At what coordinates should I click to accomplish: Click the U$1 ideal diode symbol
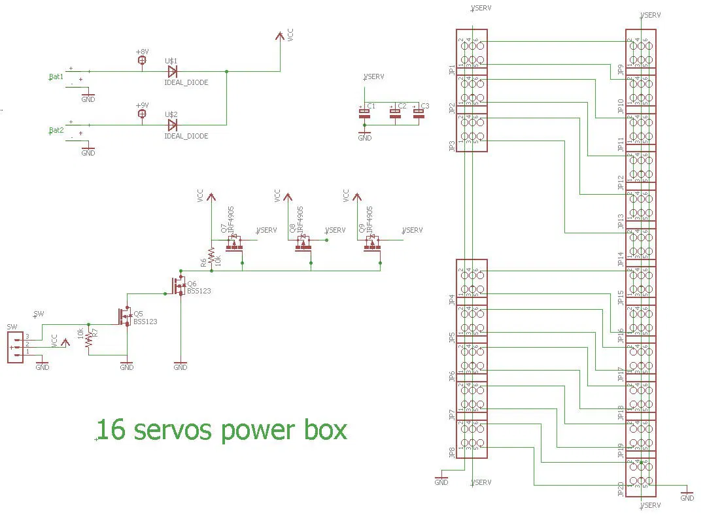[173, 71]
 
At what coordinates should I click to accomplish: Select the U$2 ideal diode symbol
[173, 125]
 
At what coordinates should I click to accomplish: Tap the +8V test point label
[142, 52]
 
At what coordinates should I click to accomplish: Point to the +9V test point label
[142, 105]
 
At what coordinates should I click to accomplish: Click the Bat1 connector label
[56, 76]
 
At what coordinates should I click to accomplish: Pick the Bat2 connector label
[56, 130]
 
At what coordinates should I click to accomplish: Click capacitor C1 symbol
[365, 114]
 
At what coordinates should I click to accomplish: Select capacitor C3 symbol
[419, 114]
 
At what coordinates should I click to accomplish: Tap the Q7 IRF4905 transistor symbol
[234, 244]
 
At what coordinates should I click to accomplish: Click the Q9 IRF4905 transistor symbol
[371, 244]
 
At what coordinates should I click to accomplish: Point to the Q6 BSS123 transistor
[178, 286]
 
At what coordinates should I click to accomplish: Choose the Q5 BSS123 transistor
[124, 316]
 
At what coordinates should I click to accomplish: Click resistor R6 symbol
[211, 255]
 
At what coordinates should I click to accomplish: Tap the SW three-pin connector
[15, 347]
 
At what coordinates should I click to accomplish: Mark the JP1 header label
[452, 71]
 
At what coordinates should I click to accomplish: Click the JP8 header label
[452, 452]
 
